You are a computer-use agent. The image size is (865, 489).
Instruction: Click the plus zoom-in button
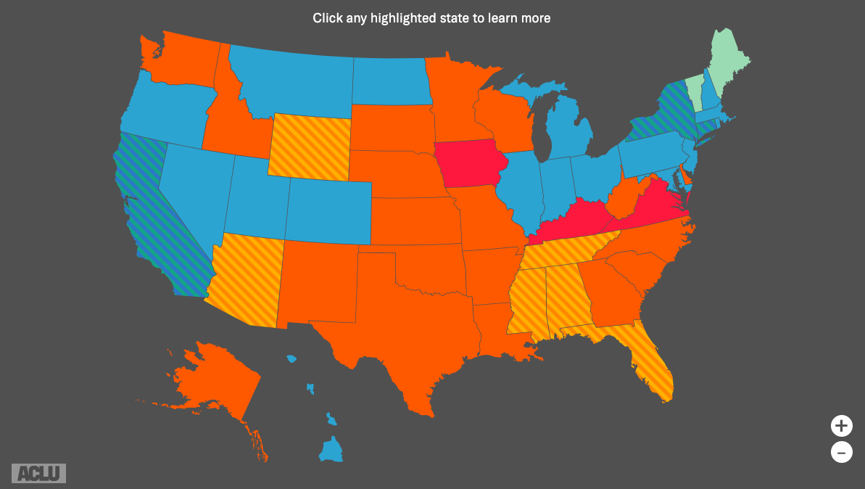pyautogui.click(x=841, y=425)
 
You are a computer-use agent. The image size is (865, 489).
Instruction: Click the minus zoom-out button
pyautogui.click(x=841, y=453)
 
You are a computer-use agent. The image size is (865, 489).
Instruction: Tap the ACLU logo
pyautogui.click(x=38, y=473)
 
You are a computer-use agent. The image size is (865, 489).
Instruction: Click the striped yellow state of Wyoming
pyautogui.click(x=310, y=147)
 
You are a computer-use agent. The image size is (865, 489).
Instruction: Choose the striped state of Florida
pyautogui.click(x=653, y=366)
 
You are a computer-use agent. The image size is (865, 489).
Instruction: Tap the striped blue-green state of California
pyautogui.click(x=156, y=210)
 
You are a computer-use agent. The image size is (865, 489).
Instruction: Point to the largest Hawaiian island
pyautogui.click(x=331, y=450)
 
